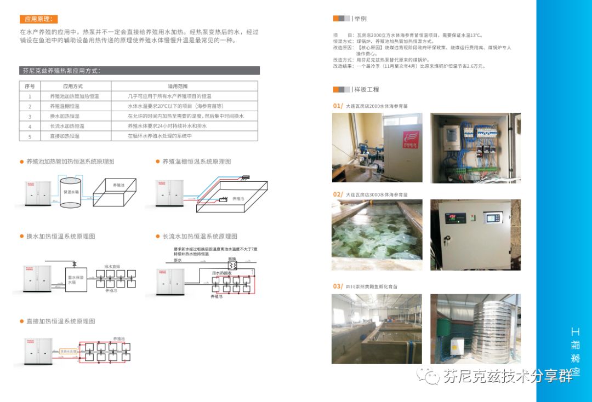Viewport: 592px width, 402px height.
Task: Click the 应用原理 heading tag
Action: (38, 19)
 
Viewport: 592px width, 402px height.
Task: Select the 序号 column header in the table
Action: (30, 86)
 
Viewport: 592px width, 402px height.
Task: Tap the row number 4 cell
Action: (30, 126)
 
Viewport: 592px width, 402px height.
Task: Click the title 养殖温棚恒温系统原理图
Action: (196, 162)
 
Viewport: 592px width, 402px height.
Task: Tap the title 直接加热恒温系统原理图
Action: (60, 321)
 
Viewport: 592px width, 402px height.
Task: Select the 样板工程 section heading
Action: (366, 89)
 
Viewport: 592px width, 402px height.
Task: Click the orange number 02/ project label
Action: (338, 194)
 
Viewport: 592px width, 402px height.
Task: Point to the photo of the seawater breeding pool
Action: (377, 235)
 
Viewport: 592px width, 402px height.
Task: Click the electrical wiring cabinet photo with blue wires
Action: (475, 147)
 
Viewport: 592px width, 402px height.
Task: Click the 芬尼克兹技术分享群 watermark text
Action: (507, 376)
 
